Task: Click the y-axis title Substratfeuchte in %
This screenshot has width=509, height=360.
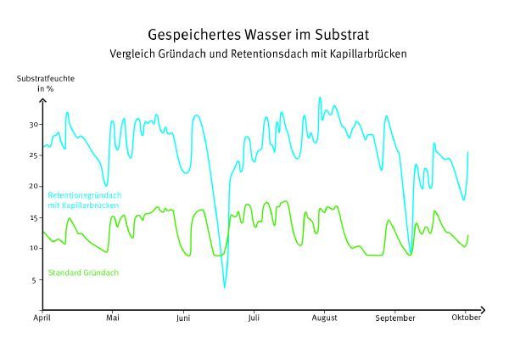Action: tap(46, 83)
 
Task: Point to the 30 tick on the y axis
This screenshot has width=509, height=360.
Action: tap(34, 125)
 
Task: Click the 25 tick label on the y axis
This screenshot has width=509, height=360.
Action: tap(34, 155)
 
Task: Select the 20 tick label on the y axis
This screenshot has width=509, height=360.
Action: tap(34, 187)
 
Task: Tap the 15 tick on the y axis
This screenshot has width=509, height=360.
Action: tap(34, 217)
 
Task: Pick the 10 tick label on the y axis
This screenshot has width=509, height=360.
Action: tap(34, 248)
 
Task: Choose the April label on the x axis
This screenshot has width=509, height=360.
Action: tap(42, 318)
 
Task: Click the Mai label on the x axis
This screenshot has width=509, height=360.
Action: tap(113, 318)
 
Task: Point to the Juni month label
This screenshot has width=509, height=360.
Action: tap(183, 318)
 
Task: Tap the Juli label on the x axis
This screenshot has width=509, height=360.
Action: tap(254, 318)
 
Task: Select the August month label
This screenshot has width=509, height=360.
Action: tap(324, 318)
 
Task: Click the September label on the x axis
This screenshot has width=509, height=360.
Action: tap(394, 318)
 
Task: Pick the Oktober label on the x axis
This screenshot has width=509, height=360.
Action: tap(465, 318)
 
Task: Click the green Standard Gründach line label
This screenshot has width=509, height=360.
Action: tap(82, 273)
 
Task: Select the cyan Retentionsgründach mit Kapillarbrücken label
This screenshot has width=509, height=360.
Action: tap(82, 200)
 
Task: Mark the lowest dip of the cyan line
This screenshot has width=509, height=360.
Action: tap(225, 287)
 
